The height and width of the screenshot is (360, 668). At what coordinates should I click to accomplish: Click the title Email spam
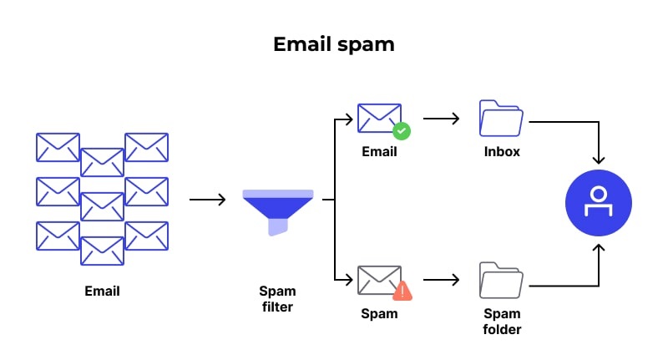pos(333,44)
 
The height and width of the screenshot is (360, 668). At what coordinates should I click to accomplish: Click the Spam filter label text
pos(277,299)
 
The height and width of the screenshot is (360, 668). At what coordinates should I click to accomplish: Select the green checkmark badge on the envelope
pos(402,131)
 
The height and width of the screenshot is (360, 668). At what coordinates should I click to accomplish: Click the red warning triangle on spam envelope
pos(402,291)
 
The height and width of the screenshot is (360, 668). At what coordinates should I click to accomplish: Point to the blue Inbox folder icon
pos(502,119)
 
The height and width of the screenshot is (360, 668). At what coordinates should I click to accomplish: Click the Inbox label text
pos(502,152)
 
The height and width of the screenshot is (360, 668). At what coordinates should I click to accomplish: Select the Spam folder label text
pos(502,322)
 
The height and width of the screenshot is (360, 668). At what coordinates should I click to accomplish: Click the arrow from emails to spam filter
pos(207,200)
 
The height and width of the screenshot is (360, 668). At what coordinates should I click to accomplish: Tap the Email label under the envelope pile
pos(102,292)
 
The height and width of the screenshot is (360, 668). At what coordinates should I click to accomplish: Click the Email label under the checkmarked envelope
pos(379,152)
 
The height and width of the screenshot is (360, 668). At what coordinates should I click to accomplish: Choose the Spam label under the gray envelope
pos(379,314)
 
